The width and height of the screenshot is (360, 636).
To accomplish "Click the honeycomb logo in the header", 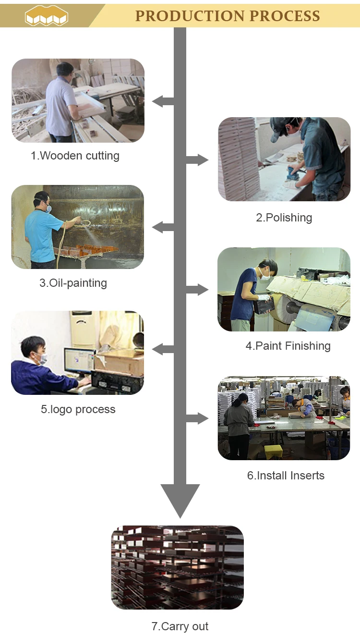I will coord(47,16).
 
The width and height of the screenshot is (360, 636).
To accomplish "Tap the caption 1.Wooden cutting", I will coord(75,156).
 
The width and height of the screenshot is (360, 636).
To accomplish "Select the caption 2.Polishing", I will coord(284,218).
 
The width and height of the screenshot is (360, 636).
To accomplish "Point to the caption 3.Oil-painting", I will coord(73,283).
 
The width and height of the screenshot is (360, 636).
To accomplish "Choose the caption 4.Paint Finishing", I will coord(288,346).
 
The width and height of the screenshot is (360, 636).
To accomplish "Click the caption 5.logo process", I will coord(78,409).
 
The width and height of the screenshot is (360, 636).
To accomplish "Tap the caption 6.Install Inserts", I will coord(286,476).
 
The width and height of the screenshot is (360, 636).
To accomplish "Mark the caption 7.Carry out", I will coord(180,626).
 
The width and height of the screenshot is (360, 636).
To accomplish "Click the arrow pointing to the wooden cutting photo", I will coord(162,101).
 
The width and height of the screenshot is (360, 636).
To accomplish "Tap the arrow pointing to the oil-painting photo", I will coord(162,227).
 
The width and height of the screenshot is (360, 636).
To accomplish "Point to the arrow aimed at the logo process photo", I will coord(162,349).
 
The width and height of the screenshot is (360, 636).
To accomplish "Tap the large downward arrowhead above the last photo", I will coord(180,500).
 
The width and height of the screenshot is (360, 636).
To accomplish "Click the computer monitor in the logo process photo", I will coord(79,360).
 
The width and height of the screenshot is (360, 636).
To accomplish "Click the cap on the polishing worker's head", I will coord(281,128).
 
